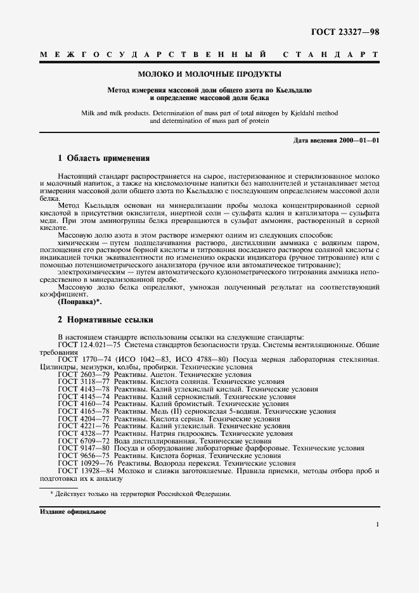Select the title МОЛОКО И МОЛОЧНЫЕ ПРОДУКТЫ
click(x=209, y=74)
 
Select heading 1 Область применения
click(x=104, y=158)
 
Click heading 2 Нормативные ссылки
click(x=105, y=320)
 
